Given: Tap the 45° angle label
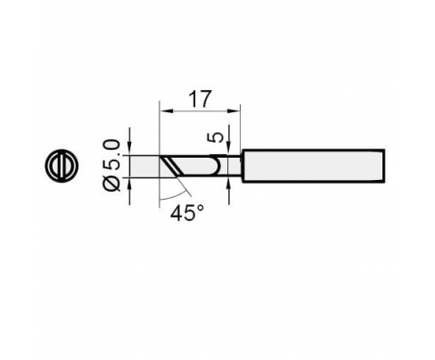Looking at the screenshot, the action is [187, 213].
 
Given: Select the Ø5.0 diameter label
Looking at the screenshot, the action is [111, 166].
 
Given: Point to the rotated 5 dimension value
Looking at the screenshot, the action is [218, 137].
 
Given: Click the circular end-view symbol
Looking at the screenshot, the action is [62, 166].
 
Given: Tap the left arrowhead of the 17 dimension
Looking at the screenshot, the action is [164, 111].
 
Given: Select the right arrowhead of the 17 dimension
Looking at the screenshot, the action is [234, 111].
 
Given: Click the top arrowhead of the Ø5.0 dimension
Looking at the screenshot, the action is [129, 149].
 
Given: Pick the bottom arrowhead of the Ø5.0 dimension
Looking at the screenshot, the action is [129, 184].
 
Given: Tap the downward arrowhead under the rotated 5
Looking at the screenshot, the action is [228, 149].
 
